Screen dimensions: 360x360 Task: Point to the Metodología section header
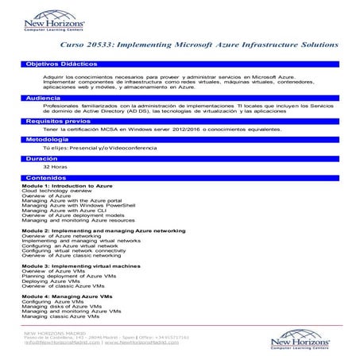(48, 140)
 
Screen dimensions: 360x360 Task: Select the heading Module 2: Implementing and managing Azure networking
(103, 230)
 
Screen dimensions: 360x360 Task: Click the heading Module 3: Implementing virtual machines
(81, 265)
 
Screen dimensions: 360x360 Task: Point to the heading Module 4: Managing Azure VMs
(67, 296)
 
